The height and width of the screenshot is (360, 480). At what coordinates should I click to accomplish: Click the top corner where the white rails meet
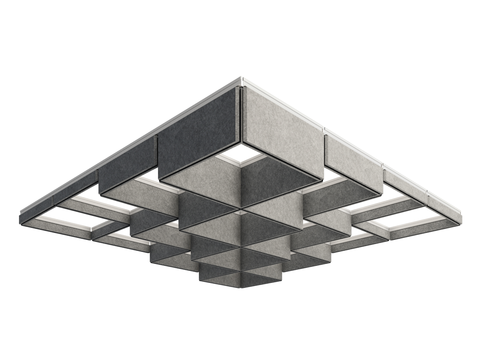(241, 79)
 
